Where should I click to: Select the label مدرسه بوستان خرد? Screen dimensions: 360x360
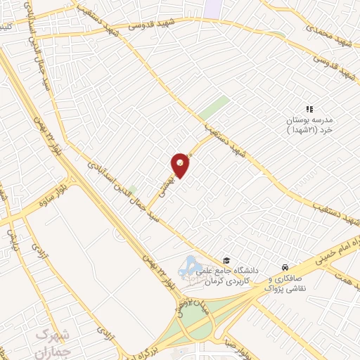[311, 125]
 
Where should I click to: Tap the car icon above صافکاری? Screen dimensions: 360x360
[285, 268]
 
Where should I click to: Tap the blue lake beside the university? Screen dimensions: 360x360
[190, 268]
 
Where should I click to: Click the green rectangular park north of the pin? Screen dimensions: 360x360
[214, 109]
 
